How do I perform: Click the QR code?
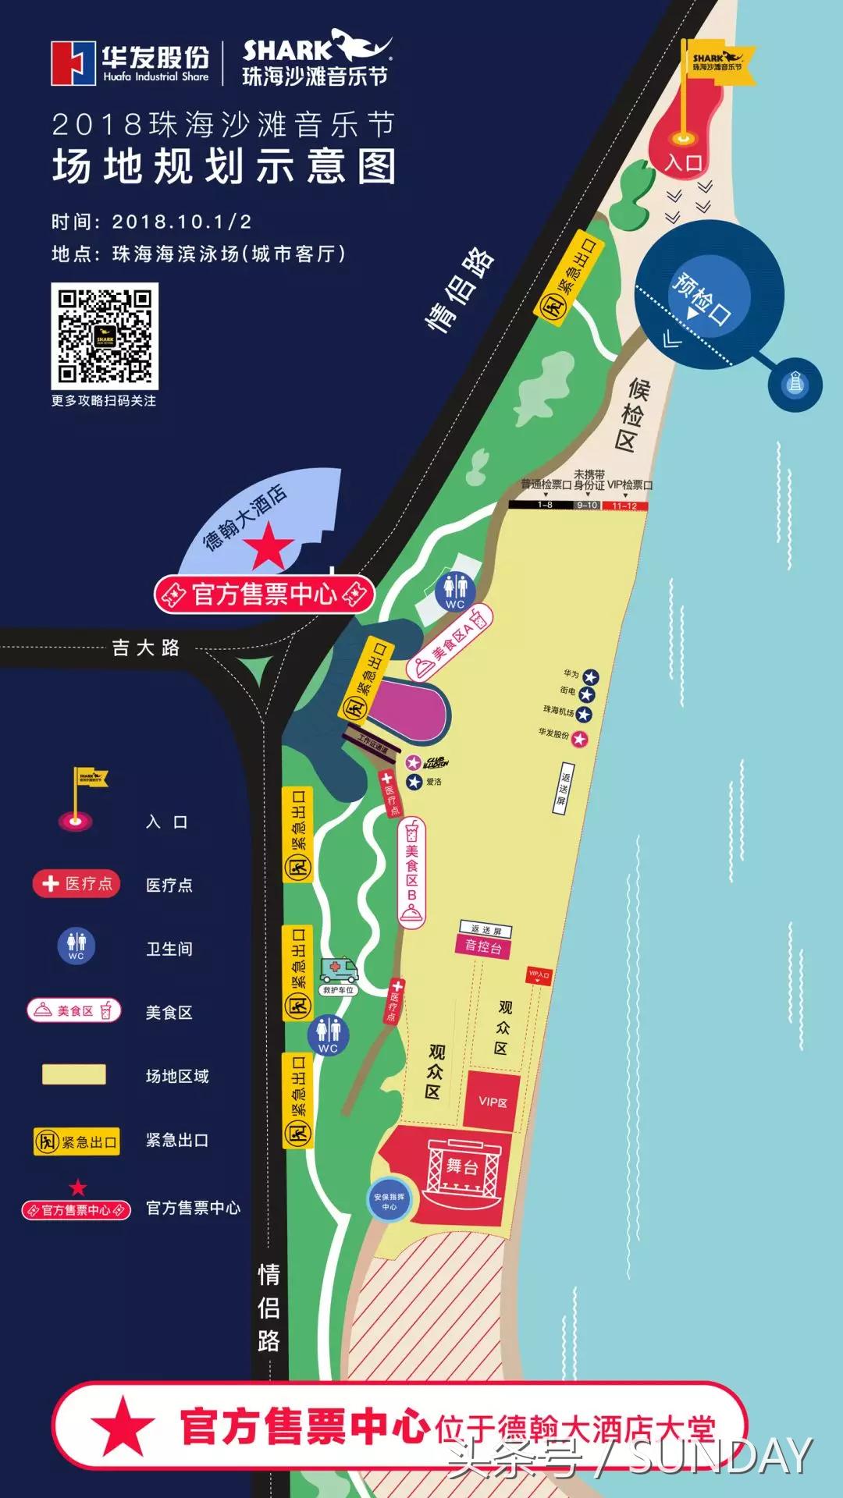pyautogui.click(x=105, y=336)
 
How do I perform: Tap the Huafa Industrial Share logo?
pyautogui.click(x=130, y=62)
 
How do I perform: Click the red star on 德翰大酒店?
pyautogui.click(x=269, y=545)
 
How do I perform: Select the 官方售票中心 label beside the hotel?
pyautogui.click(x=265, y=595)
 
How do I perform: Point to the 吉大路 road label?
pyautogui.click(x=146, y=648)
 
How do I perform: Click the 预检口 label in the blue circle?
pyautogui.click(x=702, y=299)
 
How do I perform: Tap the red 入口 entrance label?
pyautogui.click(x=684, y=162)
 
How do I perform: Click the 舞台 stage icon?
pyautogui.click(x=462, y=1167)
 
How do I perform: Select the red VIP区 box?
pyautogui.click(x=493, y=1102)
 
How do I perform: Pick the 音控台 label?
pyautogui.click(x=483, y=946)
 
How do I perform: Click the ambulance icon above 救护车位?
pyautogui.click(x=339, y=971)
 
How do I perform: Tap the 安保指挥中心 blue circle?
pyautogui.click(x=389, y=1202)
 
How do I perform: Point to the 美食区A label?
pyautogui.click(x=451, y=642)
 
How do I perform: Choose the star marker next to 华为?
pyautogui.click(x=591, y=676)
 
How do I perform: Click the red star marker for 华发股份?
pyautogui.click(x=579, y=738)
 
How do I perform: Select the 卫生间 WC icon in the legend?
pyautogui.click(x=76, y=946)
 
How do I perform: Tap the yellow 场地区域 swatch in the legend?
pyautogui.click(x=74, y=1074)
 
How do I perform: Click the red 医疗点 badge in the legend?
pyautogui.click(x=76, y=883)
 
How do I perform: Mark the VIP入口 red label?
pyautogui.click(x=539, y=974)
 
